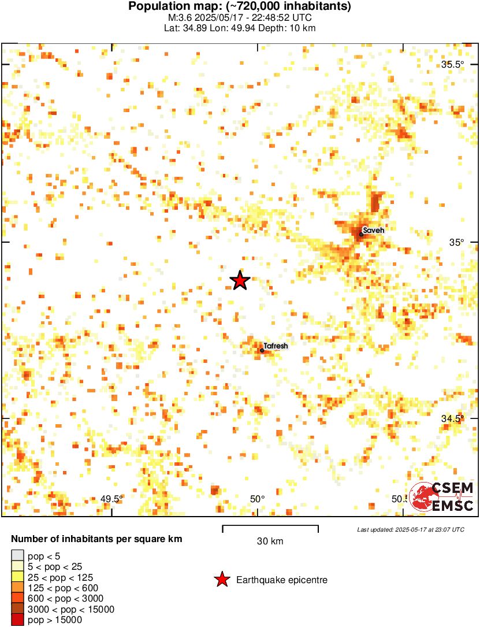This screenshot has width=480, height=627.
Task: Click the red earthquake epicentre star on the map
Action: click(x=240, y=280)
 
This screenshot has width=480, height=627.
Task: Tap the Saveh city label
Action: click(x=373, y=229)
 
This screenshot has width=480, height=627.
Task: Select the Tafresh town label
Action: click(x=276, y=346)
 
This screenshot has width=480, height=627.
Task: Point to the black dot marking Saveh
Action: click(x=361, y=234)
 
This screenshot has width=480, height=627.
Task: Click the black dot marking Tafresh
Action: click(x=262, y=350)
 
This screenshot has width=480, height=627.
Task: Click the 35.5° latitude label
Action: click(x=453, y=64)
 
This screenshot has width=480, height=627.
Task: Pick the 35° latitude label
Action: click(x=457, y=243)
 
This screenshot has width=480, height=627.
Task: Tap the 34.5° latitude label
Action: click(x=453, y=418)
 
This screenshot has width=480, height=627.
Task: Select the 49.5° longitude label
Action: click(x=111, y=499)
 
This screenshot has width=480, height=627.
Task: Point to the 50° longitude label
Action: click(x=257, y=499)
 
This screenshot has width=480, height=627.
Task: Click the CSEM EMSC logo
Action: click(x=442, y=496)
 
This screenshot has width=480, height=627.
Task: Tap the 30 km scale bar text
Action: click(x=270, y=541)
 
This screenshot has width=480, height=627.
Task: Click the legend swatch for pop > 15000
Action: click(x=18, y=620)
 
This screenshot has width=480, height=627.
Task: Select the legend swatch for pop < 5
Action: click(x=18, y=555)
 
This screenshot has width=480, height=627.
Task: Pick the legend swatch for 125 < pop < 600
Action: click(x=18, y=588)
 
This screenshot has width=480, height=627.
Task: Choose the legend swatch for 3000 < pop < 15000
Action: click(x=18, y=609)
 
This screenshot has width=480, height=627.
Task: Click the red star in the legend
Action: click(x=221, y=580)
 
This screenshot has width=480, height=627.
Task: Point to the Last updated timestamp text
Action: click(x=410, y=529)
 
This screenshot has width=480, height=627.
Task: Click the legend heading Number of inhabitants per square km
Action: click(x=96, y=539)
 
